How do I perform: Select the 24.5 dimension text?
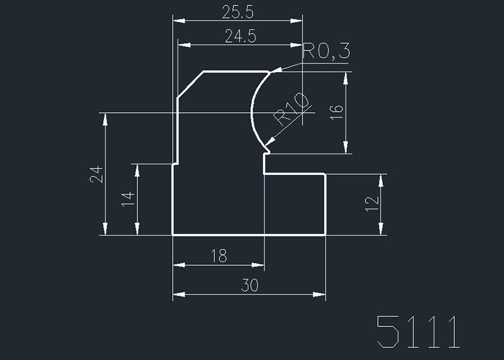240,37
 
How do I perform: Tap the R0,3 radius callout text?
326,52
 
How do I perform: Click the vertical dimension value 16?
337,112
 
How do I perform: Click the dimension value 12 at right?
372,204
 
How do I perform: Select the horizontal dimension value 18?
219,257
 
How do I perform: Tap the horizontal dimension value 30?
249,286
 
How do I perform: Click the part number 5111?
418,331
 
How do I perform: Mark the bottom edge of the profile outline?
249,235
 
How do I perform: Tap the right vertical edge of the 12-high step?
325,204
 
